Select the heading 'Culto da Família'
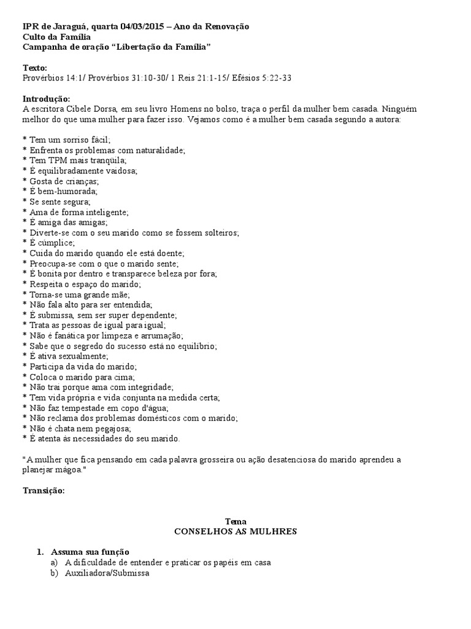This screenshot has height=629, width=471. pyautogui.click(x=56, y=37)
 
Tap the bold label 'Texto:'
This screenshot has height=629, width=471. pyautogui.click(x=35, y=68)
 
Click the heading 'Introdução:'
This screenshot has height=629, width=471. pyautogui.click(x=47, y=99)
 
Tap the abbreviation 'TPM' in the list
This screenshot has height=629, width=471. pyautogui.click(x=60, y=160)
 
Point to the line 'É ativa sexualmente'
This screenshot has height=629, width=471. pyautogui.click(x=69, y=356)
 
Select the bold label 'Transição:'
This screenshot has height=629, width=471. pyautogui.click(x=44, y=490)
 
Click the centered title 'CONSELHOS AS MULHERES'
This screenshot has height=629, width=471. pyautogui.click(x=235, y=531)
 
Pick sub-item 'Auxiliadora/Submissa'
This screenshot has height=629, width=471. pyautogui.click(x=107, y=572)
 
